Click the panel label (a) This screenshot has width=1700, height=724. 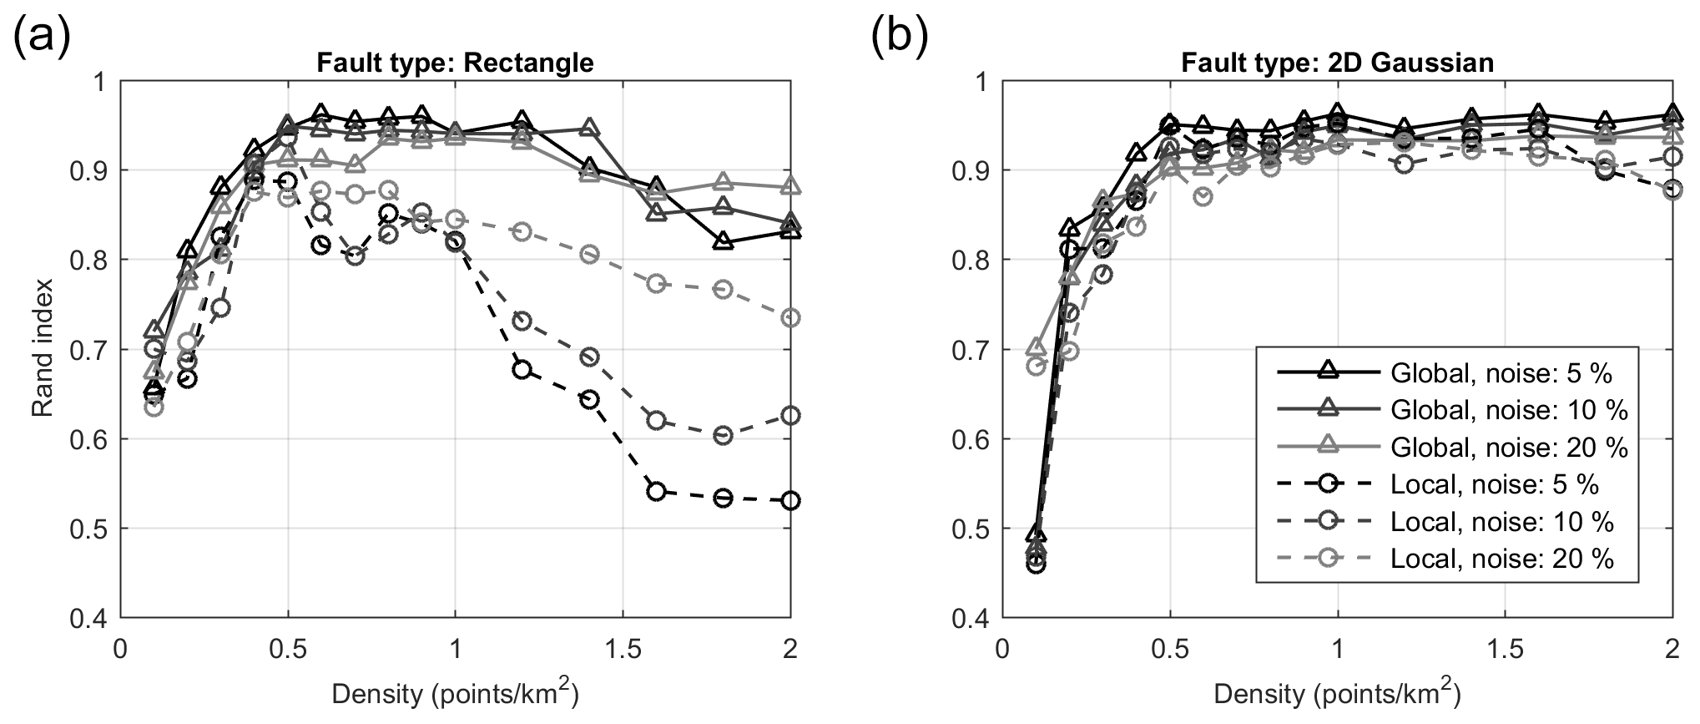tap(42, 38)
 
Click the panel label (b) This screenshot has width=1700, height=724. tap(900, 38)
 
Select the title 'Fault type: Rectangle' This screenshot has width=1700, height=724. tap(455, 63)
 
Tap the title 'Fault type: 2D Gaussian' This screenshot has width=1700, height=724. tap(1336, 63)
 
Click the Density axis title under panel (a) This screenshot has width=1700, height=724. tap(455, 694)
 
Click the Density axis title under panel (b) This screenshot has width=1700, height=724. tap(1337, 694)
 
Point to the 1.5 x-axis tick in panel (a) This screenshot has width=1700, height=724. tap(623, 649)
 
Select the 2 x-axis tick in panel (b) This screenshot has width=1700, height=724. tap(1672, 649)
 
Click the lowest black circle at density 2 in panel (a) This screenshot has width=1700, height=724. tap(790, 501)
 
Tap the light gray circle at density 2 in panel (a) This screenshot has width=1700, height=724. tap(790, 318)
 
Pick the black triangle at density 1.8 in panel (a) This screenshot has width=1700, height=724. tap(724, 241)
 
